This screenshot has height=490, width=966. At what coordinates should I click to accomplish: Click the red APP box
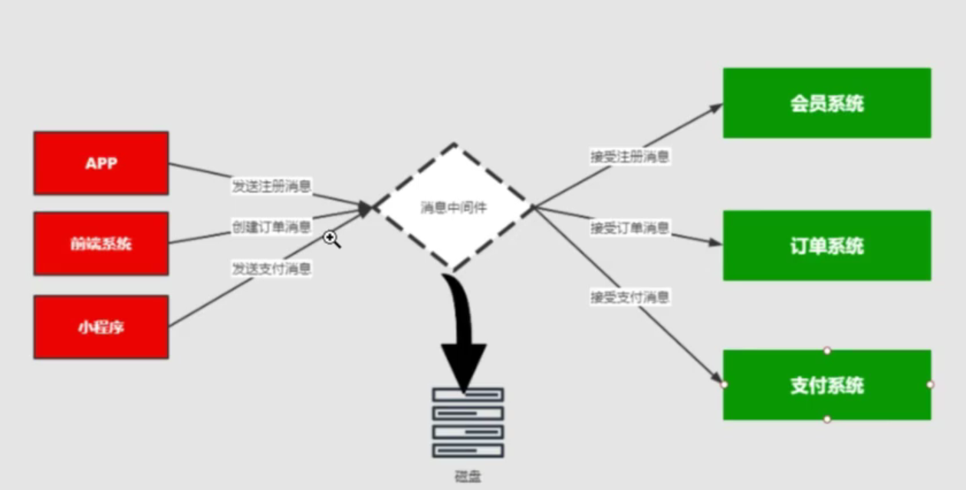[100, 163]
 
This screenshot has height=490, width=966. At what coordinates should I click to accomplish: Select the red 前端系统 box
[100, 244]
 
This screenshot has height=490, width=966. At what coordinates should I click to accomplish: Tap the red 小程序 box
[100, 327]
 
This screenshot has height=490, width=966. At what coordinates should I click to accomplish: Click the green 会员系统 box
[826, 103]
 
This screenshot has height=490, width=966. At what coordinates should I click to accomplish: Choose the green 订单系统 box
[826, 245]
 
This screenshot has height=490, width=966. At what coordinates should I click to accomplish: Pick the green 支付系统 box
[826, 385]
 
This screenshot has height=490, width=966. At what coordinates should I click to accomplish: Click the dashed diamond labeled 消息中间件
[453, 207]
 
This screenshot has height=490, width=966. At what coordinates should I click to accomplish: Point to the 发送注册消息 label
[271, 186]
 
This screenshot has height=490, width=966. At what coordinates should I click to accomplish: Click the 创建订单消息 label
[271, 226]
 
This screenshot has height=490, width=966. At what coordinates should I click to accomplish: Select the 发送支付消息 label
[271, 268]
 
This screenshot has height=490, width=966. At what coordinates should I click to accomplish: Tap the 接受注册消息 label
[629, 156]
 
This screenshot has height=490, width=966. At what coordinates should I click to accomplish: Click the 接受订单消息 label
[629, 228]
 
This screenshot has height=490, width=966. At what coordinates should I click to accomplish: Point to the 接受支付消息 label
[629, 297]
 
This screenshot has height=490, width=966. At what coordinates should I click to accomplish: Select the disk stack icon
[468, 423]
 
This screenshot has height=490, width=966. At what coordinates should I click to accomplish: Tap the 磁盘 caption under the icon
[468, 476]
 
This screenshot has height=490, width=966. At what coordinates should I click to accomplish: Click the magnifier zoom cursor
[331, 239]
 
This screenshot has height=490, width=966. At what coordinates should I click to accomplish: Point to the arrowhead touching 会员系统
[716, 108]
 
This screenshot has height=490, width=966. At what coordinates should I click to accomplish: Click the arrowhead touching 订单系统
[716, 242]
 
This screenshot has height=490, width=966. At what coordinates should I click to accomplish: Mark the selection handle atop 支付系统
[826, 350]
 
